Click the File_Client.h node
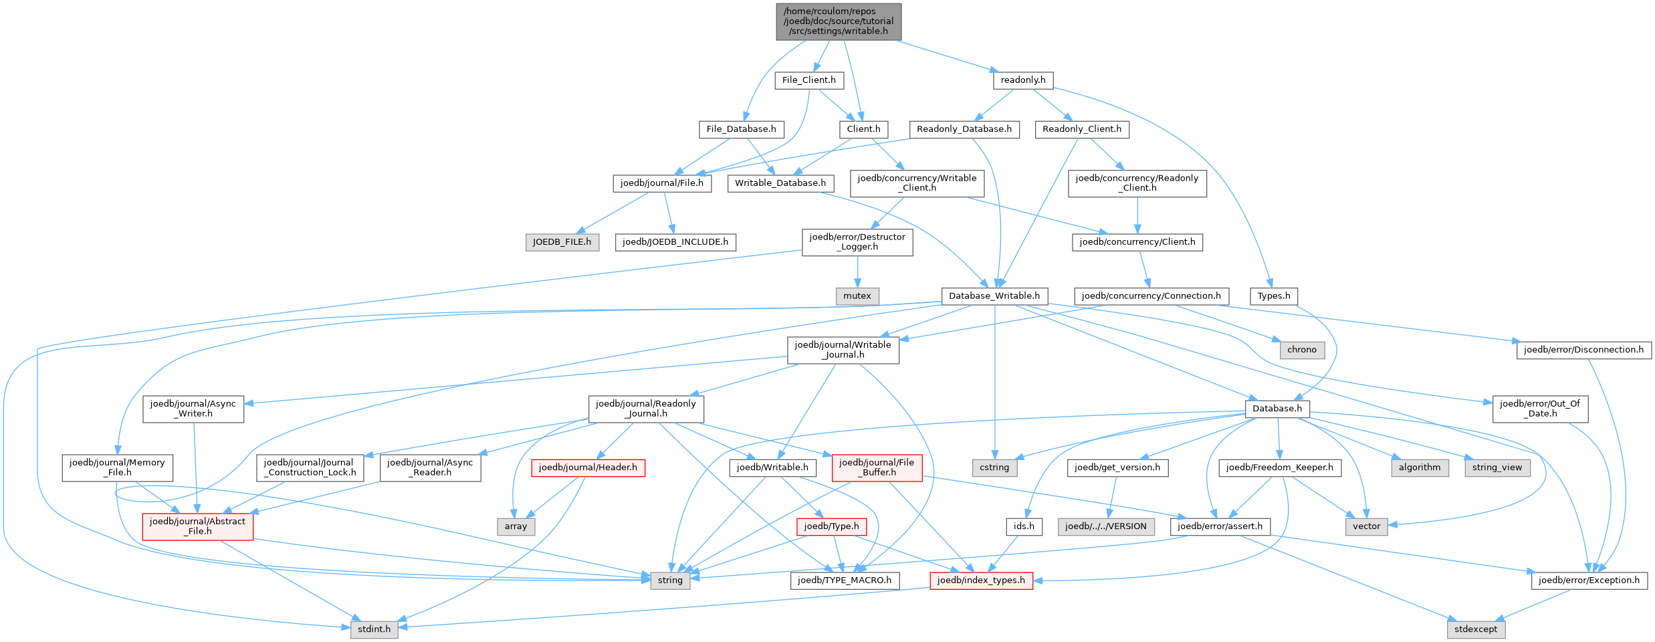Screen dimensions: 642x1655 point(808,80)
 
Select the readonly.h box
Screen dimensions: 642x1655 point(1022,80)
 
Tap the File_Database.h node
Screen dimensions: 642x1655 point(741,129)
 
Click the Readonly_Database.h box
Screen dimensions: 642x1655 point(964,129)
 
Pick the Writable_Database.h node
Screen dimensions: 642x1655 point(780,183)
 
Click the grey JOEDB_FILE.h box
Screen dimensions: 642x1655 point(562,242)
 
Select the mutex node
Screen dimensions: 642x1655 point(857,296)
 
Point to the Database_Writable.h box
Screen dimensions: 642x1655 point(994,296)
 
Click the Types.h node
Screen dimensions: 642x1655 point(1273,296)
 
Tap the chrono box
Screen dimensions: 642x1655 point(1301,350)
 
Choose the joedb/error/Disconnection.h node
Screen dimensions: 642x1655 point(1583,350)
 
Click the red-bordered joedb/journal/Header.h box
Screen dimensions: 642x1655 point(588,467)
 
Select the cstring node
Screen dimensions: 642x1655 point(994,467)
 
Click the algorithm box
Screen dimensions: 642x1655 point(1419,467)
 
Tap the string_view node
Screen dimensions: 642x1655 point(1497,467)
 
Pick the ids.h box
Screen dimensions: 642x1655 point(1023,526)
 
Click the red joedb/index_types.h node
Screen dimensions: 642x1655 point(980,580)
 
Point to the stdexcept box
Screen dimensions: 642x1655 point(1476,629)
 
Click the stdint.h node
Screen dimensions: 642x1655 point(374,629)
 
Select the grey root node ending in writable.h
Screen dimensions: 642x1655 point(839,21)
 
